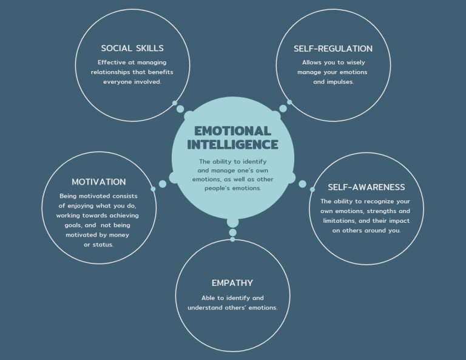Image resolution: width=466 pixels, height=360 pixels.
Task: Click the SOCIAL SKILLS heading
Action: (132, 49)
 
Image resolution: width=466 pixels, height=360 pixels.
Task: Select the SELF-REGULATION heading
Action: (333, 49)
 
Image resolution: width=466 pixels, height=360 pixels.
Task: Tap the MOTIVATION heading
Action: (98, 182)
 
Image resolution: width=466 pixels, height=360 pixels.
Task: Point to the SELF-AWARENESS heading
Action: (366, 187)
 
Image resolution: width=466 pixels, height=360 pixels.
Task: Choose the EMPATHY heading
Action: (232, 283)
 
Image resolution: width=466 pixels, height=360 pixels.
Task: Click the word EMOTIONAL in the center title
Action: (232, 131)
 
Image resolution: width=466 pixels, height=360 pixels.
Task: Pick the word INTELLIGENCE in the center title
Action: (232, 145)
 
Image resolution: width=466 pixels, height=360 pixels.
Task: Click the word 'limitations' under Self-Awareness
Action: (346, 220)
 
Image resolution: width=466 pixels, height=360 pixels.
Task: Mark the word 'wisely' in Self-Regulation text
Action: (360, 63)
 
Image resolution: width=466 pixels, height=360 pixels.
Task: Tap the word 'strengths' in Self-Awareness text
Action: (385, 211)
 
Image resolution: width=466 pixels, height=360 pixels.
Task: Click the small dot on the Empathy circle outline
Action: (232, 239)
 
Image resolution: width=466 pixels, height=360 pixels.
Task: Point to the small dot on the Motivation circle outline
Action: (153, 189)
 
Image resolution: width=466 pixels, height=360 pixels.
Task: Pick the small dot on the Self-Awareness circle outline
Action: (312, 189)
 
